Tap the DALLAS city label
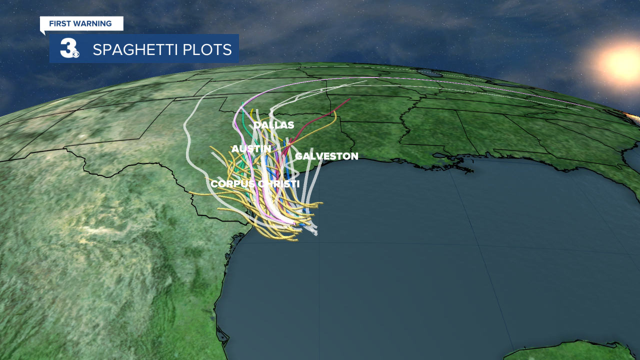click(273, 125)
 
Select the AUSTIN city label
click(251, 149)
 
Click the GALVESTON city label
click(326, 156)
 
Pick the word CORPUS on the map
click(233, 184)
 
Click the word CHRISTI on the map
click(278, 184)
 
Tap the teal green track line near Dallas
click(243, 120)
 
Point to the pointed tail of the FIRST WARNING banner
click(42, 32)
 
